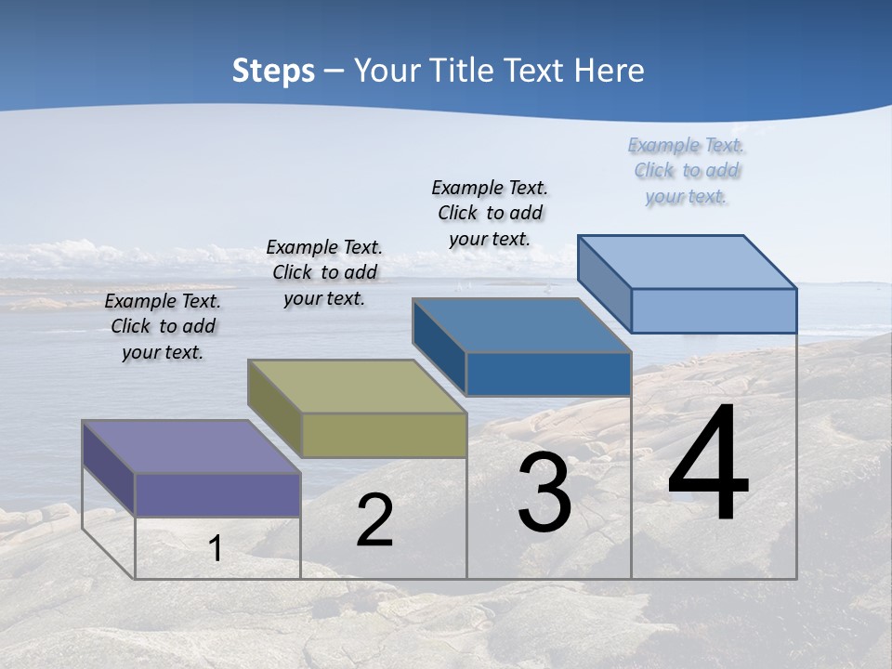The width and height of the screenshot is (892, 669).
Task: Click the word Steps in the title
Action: coord(273,71)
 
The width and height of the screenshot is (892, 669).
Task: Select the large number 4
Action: coord(708,465)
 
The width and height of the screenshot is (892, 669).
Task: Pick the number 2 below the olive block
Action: coord(375,520)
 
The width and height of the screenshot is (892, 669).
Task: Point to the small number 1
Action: coord(216,549)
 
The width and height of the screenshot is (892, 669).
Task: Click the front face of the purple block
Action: coord(217,494)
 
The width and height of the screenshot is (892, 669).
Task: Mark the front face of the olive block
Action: coord(384,435)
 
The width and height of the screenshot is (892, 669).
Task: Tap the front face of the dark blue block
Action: coord(548,374)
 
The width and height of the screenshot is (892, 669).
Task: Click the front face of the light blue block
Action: coord(714,310)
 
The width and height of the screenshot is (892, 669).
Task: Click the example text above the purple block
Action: coord(163,326)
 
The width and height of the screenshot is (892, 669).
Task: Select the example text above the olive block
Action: coord(324,272)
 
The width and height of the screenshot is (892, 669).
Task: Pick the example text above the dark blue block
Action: coord(490,213)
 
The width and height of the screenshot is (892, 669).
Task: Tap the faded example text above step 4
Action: coord(687,170)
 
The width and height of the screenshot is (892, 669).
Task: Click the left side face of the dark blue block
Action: coord(439,346)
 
